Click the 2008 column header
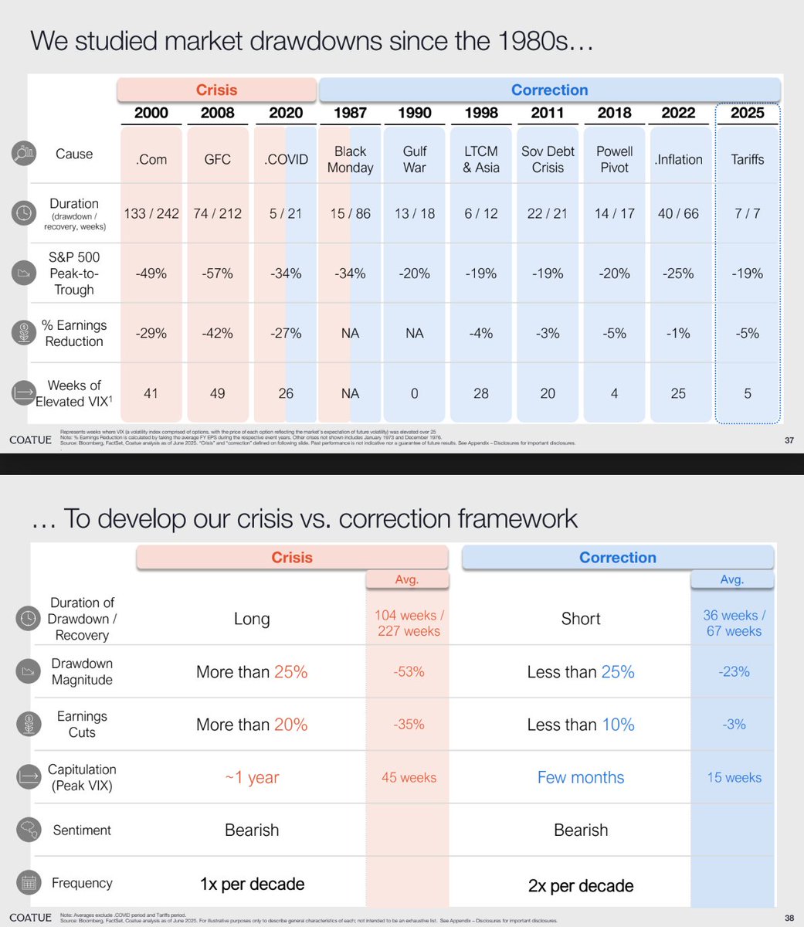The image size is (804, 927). [x=217, y=113]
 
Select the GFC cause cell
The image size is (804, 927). [x=217, y=160]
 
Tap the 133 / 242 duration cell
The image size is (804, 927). [x=151, y=214]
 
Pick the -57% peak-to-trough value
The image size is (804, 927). [x=217, y=273]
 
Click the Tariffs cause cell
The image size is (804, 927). [x=748, y=160]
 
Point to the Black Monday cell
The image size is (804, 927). [x=350, y=160]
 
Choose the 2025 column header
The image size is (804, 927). [x=748, y=113]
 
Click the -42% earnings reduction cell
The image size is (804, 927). [x=217, y=334]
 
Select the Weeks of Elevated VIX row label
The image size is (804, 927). [x=74, y=393]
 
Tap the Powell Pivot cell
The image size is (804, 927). [x=615, y=160]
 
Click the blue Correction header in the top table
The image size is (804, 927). [x=549, y=90]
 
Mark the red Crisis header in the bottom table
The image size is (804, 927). [x=292, y=558]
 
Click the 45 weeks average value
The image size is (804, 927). [x=409, y=778]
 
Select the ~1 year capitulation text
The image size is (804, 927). [x=252, y=778]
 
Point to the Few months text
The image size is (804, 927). [x=581, y=778]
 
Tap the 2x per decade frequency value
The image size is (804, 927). [x=581, y=885]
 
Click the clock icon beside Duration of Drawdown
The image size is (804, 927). [x=28, y=619]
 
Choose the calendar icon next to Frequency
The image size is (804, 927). [x=28, y=883]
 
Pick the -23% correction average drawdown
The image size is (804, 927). [x=734, y=672]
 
